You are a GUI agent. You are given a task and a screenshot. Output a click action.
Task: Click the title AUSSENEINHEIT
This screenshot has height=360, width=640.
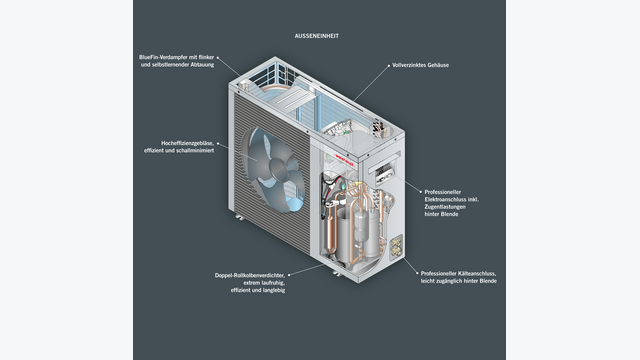pyautogui.click(x=317, y=36)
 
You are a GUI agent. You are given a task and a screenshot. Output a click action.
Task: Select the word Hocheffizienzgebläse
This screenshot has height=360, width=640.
pyautogui.click(x=187, y=143)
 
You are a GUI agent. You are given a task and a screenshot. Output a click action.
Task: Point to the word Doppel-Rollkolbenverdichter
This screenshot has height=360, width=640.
pyautogui.click(x=250, y=275)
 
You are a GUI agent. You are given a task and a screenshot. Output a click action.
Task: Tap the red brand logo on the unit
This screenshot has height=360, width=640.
pyautogui.click(x=344, y=160)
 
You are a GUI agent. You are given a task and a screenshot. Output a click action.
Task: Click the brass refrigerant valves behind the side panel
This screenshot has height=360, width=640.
pyautogui.click(x=396, y=247)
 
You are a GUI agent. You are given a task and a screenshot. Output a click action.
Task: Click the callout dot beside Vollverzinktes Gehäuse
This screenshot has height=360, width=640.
pyautogui.click(x=388, y=65)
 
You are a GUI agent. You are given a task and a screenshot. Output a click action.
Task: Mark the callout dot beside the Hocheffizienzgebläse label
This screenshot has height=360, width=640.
pyautogui.click(x=218, y=143)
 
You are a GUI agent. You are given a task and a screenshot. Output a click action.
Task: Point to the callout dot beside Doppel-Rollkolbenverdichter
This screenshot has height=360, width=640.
pyautogui.click(x=289, y=275)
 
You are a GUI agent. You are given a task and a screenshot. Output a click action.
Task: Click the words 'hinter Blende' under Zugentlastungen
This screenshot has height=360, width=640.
pyautogui.click(x=441, y=214)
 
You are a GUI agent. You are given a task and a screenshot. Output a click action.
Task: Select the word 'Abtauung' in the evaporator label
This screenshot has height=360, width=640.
pyautogui.click(x=202, y=64)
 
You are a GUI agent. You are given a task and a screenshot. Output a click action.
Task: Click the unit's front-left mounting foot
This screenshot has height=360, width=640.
pyautogui.click(x=240, y=218)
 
